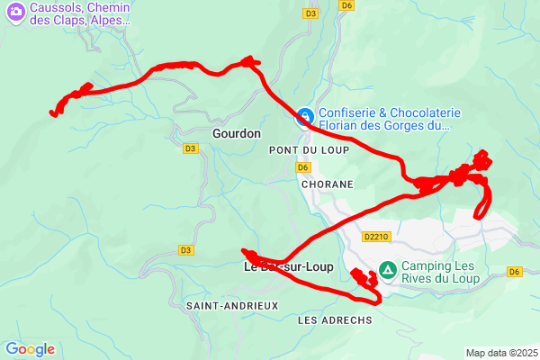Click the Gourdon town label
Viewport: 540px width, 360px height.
pos(237,133)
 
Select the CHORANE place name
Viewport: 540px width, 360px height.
pos(328,184)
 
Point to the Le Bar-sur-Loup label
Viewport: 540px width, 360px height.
pos(289,267)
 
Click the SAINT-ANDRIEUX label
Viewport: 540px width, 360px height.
pos(232,306)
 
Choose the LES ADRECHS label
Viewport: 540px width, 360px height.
pos(334,320)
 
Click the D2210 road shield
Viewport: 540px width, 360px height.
pos(376,238)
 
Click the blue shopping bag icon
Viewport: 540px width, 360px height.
pos(306,117)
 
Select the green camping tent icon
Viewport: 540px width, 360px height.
pos(388,269)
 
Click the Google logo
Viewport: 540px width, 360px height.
pos(30,349)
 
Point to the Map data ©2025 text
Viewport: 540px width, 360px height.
pos(501,352)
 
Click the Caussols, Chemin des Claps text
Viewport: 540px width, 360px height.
pos(80,13)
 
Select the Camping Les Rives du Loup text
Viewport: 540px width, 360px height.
pos(438,272)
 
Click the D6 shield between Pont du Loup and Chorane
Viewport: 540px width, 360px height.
pos(303,167)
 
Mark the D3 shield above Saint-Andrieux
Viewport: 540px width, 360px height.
pos(185,250)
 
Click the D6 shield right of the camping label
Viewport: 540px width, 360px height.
pos(515,271)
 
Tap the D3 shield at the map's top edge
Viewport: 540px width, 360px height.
pos(310,13)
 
